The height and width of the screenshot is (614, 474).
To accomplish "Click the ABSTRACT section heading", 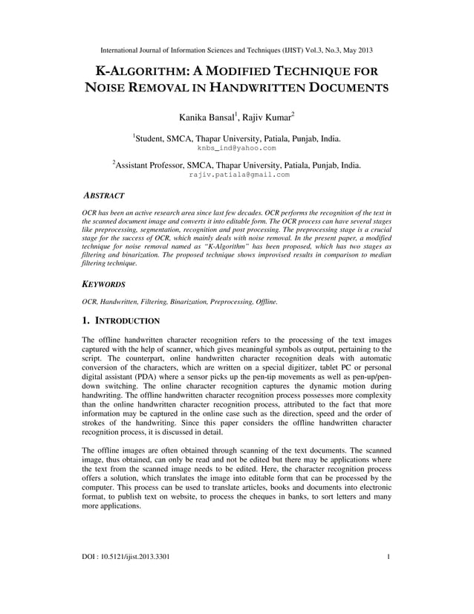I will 103,195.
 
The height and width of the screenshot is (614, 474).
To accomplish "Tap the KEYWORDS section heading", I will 103,284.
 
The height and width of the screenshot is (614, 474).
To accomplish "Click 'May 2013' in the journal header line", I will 356,50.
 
